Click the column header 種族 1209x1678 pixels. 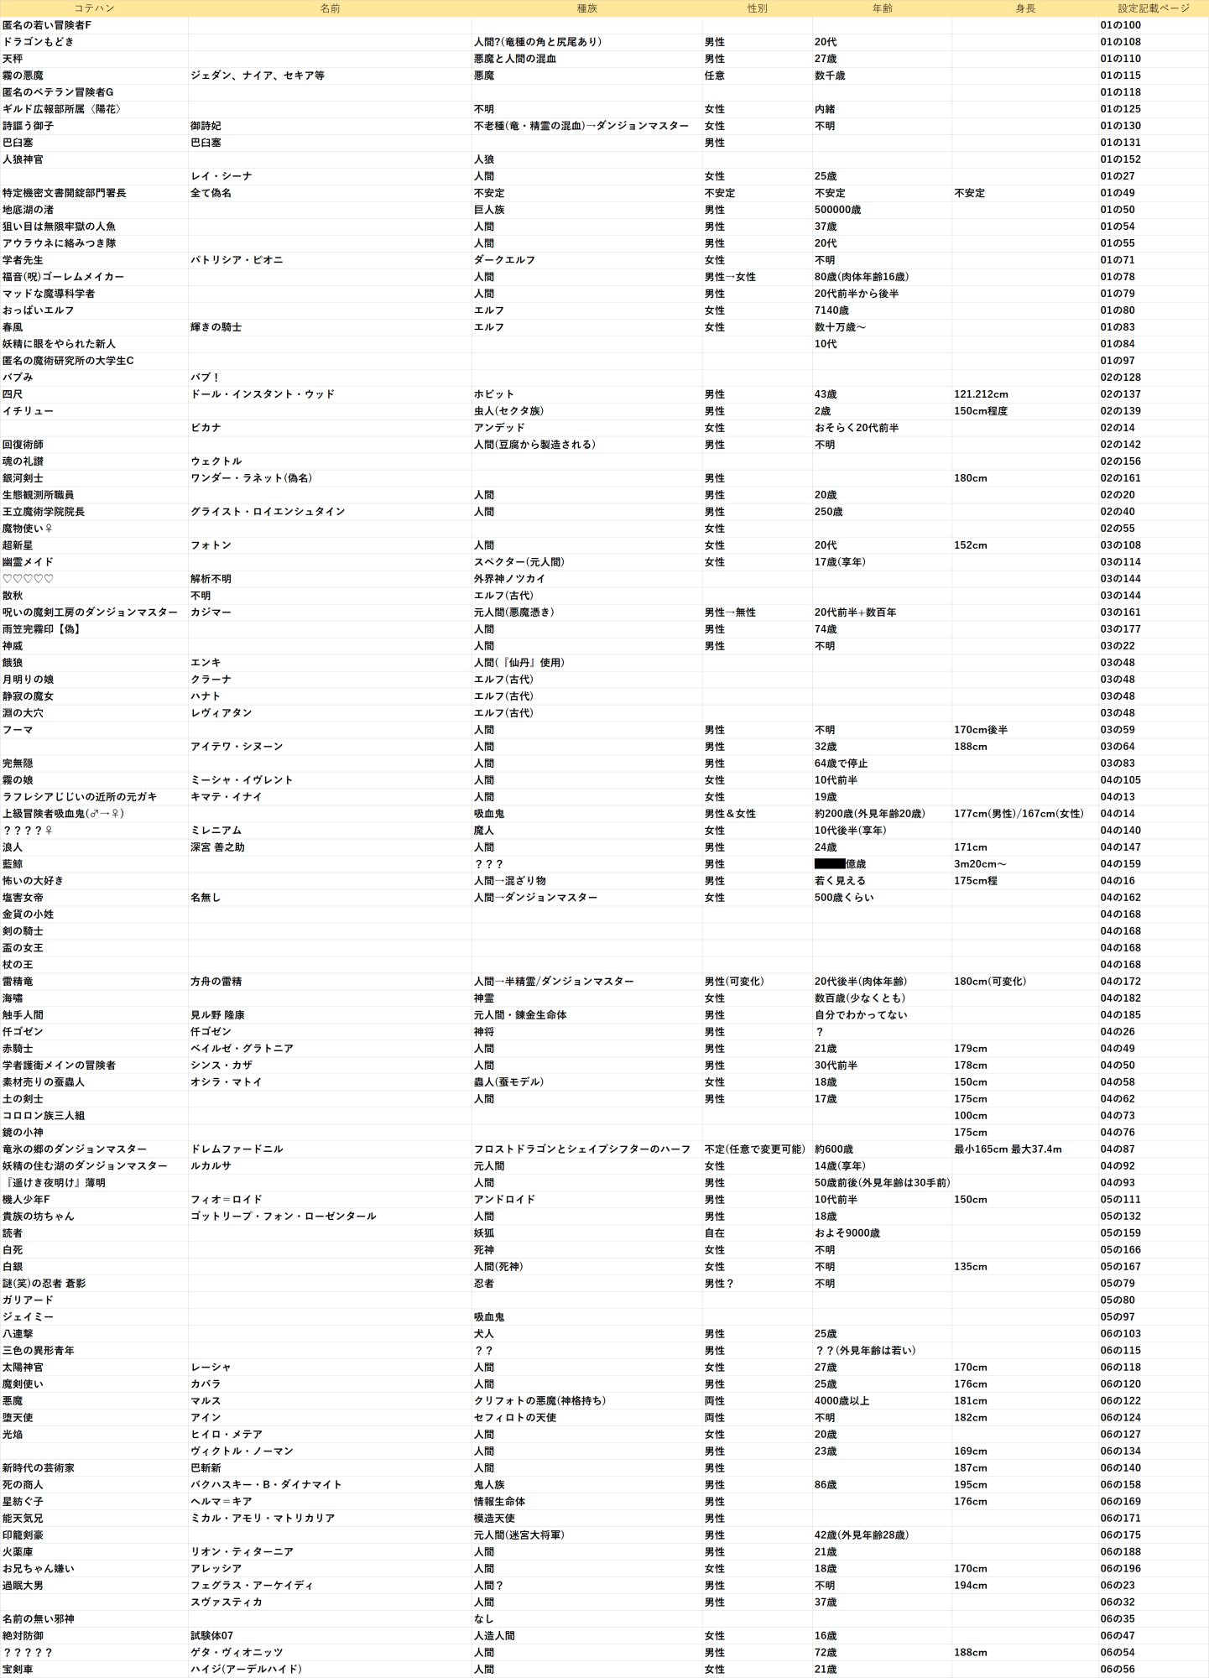pos(586,8)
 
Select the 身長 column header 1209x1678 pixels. pos(1024,8)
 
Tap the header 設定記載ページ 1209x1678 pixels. pos(1153,8)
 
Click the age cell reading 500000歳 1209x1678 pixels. pos(837,210)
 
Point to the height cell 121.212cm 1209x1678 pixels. pos(981,394)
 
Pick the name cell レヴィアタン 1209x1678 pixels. pos(221,713)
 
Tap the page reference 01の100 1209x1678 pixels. pos(1120,25)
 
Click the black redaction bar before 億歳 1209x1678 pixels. pos(829,863)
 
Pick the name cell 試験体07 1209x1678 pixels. pos(211,1636)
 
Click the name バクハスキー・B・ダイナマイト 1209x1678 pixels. pos(266,1485)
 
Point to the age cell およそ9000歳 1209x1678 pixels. pos(847,1233)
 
